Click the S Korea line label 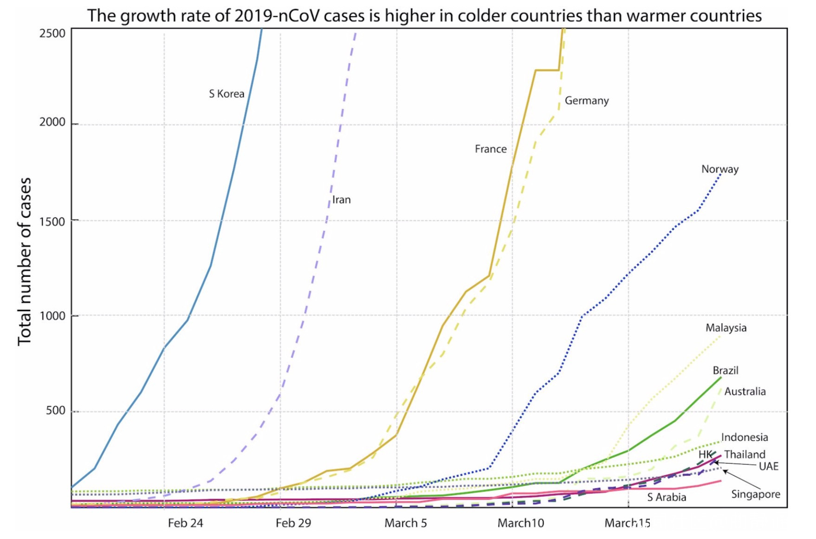227,94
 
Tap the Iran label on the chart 342,200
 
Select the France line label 491,149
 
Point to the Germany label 587,101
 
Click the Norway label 720,169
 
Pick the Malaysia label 726,328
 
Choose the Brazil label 725,370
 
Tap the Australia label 745,392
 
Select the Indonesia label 745,437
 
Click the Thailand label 745,454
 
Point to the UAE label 769,467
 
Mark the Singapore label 756,494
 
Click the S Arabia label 667,497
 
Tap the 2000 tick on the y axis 52,122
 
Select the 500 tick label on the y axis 55,411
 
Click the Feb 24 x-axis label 185,523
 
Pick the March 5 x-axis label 406,523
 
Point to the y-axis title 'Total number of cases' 24,262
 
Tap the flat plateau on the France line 547,70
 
